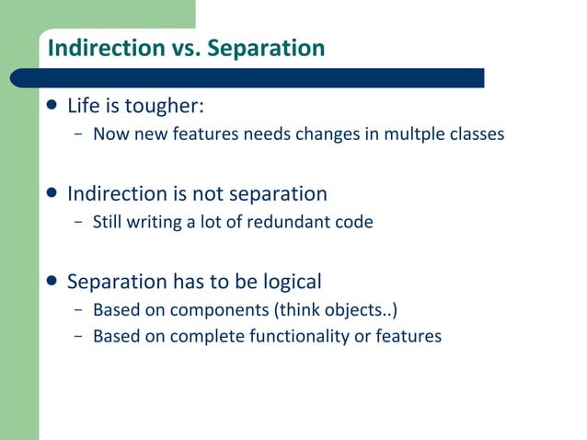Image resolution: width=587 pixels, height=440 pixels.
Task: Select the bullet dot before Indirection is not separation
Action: point(52,194)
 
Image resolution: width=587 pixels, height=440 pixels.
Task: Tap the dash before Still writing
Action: point(78,223)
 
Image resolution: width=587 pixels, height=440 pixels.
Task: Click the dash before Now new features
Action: point(78,135)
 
